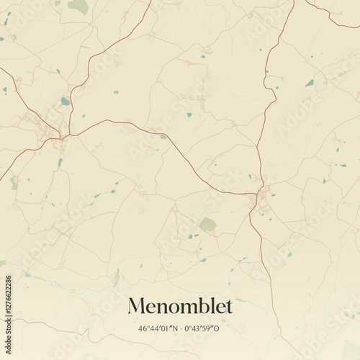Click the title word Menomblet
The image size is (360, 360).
point(180,307)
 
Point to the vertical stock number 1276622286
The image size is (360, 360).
point(8,311)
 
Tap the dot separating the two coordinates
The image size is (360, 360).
point(182,329)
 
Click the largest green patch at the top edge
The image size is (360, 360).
point(78,6)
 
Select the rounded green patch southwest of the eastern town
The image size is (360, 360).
point(207,225)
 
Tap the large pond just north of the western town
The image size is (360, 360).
point(66,102)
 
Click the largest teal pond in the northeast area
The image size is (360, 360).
point(310,84)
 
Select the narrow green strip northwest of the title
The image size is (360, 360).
point(116,277)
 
